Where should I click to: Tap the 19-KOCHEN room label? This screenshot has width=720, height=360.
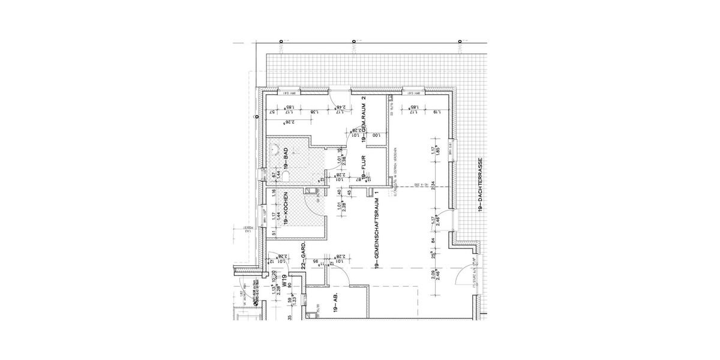click(287, 208)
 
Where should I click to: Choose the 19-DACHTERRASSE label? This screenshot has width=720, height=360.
click(481, 186)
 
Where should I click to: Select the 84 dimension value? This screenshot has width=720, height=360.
click(433, 242)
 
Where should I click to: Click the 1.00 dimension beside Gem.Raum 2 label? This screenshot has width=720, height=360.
click(376, 136)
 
